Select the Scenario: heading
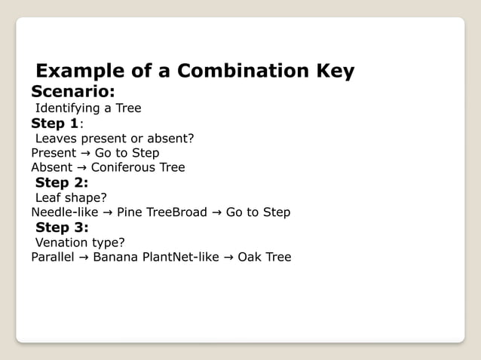pos(72,92)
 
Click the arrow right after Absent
pos(81,167)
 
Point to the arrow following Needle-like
pos(107,212)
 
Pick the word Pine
pos(130,212)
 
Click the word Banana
pos(115,258)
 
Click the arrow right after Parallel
pos(84,258)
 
